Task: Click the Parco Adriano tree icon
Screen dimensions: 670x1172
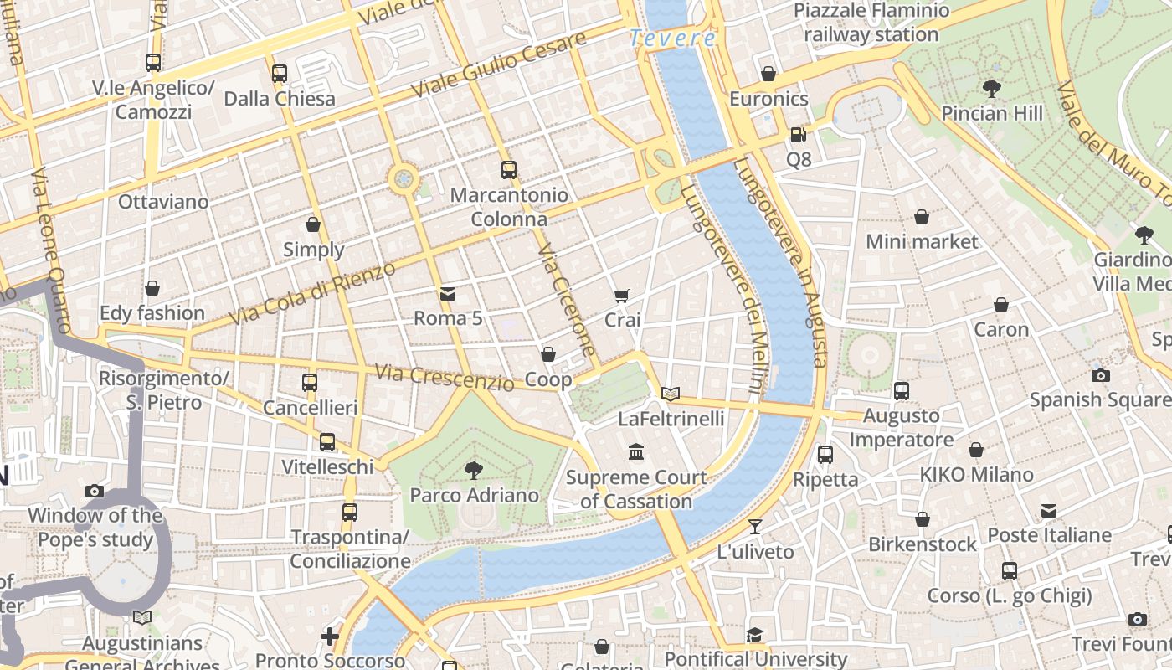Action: click(x=474, y=470)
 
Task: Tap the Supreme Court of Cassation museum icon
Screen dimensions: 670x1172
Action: click(x=636, y=452)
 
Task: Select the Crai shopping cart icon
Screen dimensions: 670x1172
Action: click(x=622, y=295)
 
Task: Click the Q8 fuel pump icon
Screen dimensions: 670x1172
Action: click(x=798, y=134)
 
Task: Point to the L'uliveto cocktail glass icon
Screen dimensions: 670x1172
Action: click(x=755, y=526)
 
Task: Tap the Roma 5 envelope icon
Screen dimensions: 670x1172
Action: click(x=448, y=293)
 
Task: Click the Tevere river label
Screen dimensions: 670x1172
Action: click(x=673, y=38)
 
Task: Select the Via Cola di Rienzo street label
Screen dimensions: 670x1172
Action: click(x=311, y=293)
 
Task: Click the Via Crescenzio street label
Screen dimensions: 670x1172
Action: click(x=444, y=378)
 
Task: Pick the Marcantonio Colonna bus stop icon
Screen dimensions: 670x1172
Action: click(x=508, y=170)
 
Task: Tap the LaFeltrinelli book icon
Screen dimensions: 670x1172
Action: click(x=671, y=393)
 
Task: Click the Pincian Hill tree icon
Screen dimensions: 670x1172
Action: click(x=992, y=88)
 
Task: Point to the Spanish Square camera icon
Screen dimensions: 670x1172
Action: click(x=1100, y=375)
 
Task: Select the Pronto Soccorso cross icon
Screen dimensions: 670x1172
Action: click(x=330, y=636)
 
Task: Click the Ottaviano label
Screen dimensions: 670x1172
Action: click(x=163, y=202)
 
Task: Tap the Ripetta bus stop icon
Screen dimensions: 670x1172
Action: click(x=825, y=455)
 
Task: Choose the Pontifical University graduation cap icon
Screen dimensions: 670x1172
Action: click(x=755, y=635)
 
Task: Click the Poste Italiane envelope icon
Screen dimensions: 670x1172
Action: click(x=1049, y=510)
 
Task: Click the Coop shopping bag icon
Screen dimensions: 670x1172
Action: click(x=548, y=354)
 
